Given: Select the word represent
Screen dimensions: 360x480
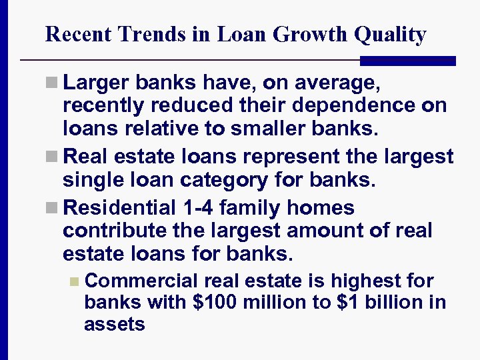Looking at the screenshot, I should [x=301, y=157].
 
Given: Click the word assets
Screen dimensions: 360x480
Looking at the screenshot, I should [x=114, y=325].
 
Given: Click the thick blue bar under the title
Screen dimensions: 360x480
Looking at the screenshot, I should [x=407, y=61].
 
